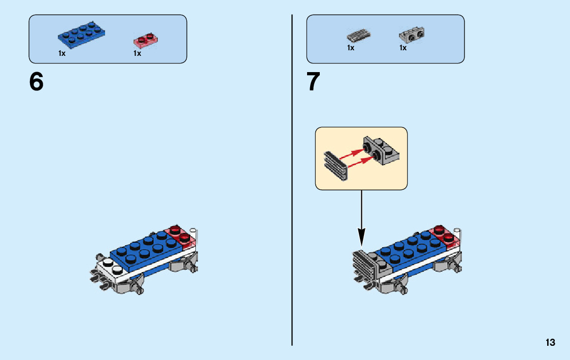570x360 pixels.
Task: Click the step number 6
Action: click(37, 82)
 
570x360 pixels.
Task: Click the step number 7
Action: click(314, 82)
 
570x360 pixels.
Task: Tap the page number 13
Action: click(550, 343)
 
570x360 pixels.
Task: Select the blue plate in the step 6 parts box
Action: click(81, 36)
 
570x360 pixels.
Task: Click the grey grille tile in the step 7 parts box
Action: click(359, 36)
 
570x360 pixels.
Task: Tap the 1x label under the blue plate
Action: click(62, 53)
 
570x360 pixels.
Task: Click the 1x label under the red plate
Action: click(137, 53)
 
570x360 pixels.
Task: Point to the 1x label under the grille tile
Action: click(351, 48)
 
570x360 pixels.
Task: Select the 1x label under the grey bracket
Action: click(403, 48)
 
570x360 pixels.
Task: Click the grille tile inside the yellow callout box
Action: click(335, 165)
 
